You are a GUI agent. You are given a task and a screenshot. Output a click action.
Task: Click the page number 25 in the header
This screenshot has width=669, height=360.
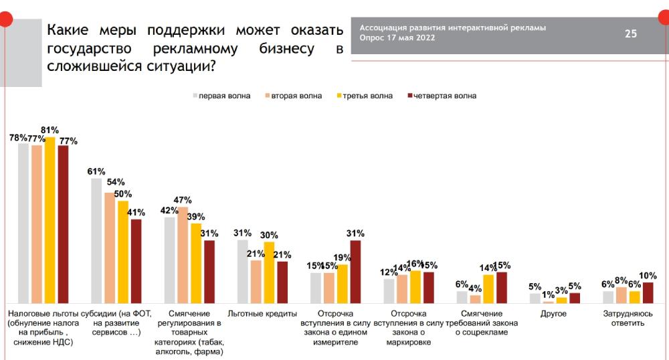click(x=630, y=33)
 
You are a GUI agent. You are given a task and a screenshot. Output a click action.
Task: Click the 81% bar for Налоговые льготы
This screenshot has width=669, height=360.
click(x=50, y=220)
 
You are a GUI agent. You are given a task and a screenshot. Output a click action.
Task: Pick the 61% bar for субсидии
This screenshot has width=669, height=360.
click(x=96, y=241)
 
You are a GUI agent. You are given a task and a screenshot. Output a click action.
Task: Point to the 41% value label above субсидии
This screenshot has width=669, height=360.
click(x=136, y=213)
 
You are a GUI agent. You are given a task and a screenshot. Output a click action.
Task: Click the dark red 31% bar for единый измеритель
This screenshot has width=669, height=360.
click(x=355, y=272)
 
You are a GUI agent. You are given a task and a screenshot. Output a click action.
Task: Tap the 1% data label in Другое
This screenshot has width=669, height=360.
click(x=548, y=294)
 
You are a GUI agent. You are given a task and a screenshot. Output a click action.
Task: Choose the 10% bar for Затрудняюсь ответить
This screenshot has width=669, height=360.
click(x=648, y=293)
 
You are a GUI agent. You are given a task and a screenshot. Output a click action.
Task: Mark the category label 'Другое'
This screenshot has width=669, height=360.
click(x=553, y=313)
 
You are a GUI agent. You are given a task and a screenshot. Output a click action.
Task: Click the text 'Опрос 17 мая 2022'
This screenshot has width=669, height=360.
click(x=397, y=37)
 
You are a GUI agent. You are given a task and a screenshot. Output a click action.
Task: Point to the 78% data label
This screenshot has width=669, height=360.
click(x=18, y=137)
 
